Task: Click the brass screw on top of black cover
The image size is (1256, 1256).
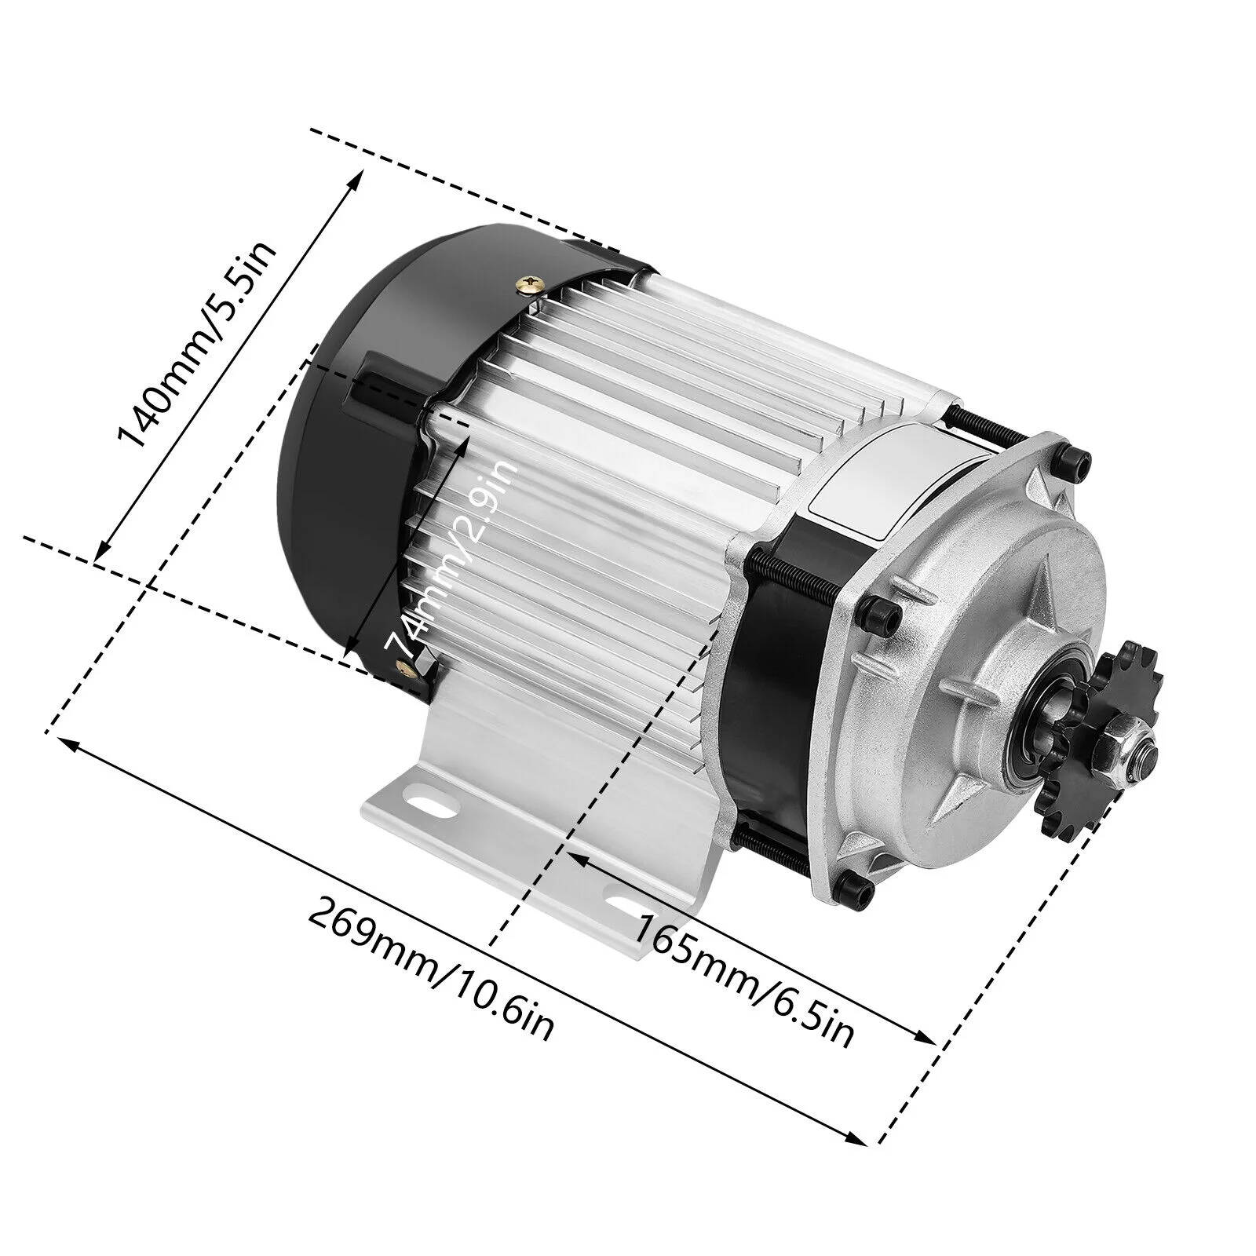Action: tap(532, 282)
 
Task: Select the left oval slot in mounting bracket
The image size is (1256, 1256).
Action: tap(425, 801)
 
